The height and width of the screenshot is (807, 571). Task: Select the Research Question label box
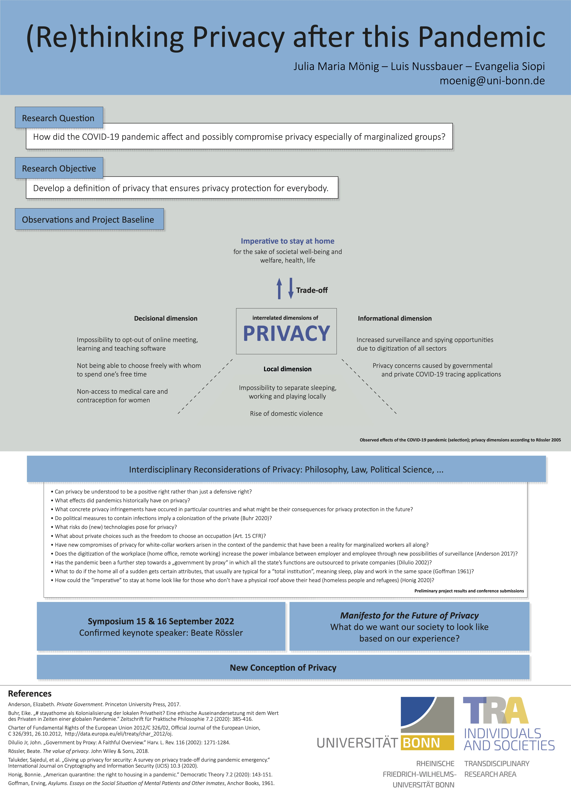59,118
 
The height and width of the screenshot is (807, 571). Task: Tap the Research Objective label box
59,168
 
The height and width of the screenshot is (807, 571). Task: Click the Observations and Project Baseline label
89,219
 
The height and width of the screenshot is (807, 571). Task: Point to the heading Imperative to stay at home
287,241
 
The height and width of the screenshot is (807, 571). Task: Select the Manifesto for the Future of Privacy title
409,615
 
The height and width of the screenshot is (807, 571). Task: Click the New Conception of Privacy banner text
283,668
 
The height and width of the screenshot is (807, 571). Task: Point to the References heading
30,693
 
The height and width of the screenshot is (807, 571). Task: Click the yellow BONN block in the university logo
427,743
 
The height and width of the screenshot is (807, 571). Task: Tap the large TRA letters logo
496,710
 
